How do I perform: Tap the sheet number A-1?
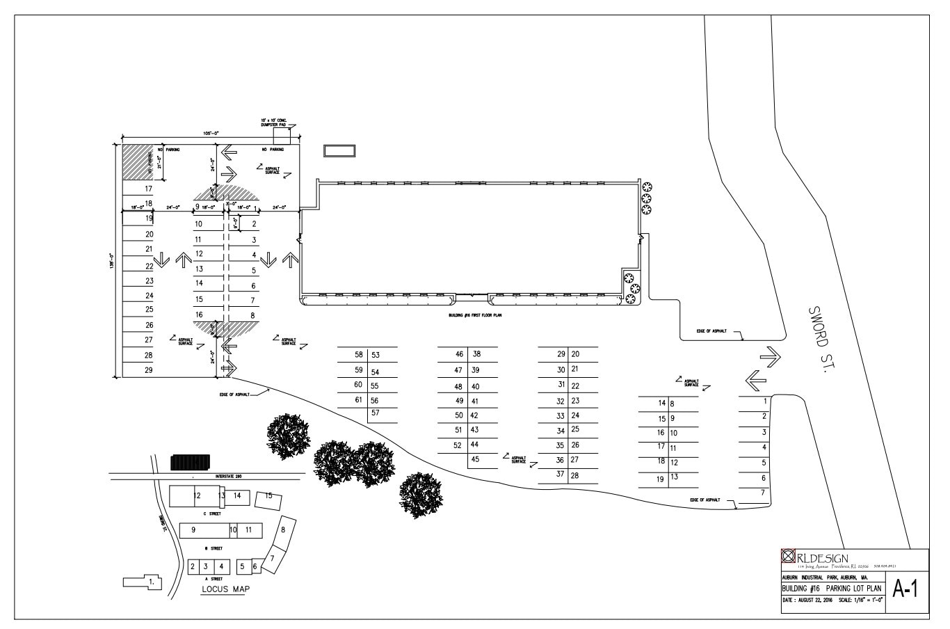(x=905, y=589)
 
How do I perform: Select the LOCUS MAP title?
(x=225, y=589)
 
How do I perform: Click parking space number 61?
(x=358, y=400)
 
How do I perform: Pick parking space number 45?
(x=475, y=459)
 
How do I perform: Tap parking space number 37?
(x=560, y=475)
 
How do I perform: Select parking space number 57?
(x=375, y=413)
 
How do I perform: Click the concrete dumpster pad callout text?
(x=273, y=123)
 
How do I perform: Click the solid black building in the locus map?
(x=190, y=463)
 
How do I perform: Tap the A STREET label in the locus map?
(x=215, y=578)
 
